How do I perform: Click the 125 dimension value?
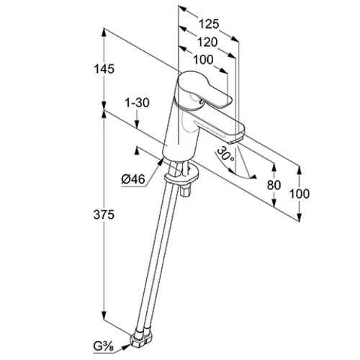pyautogui.click(x=209, y=24)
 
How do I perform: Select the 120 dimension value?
pyautogui.click(x=207, y=42)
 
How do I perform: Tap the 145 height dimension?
pyautogui.click(x=104, y=69)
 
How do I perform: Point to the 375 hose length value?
pyautogui.click(x=104, y=215)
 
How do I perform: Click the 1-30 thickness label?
pyautogui.click(x=137, y=103)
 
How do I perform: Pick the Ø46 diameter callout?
pyautogui.click(x=133, y=179)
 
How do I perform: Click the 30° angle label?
pyautogui.click(x=225, y=154)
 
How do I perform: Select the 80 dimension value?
pyautogui.click(x=274, y=185)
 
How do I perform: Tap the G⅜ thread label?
pyautogui.click(x=104, y=346)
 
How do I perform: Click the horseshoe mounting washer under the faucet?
pyautogui.click(x=181, y=175)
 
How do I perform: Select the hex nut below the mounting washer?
pyautogui.click(x=186, y=190)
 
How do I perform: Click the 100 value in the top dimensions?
pyautogui.click(x=203, y=60)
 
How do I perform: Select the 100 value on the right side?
pyautogui.click(x=300, y=194)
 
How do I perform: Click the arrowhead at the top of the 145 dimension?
pyautogui.click(x=104, y=32)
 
